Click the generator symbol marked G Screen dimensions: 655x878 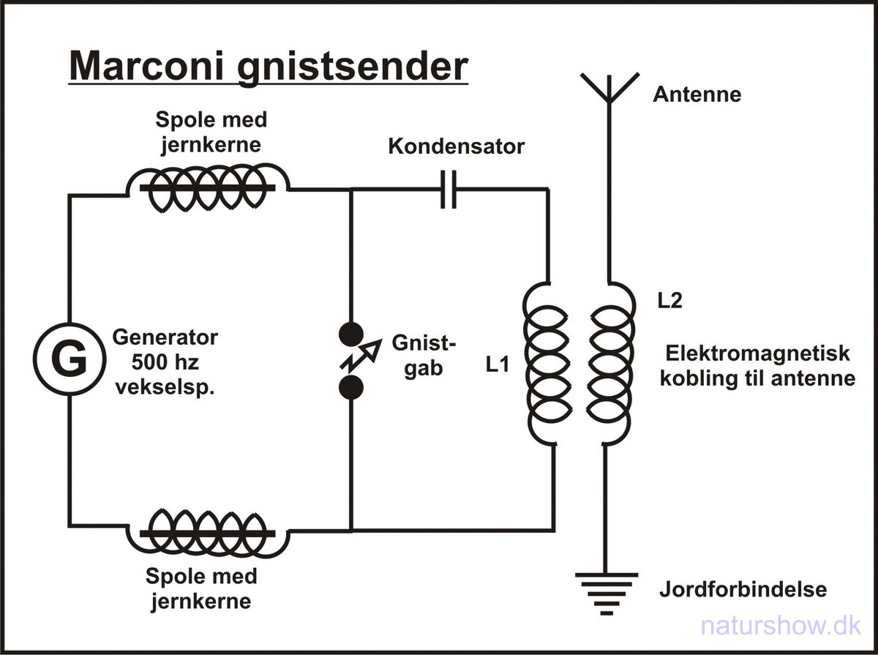coord(70,361)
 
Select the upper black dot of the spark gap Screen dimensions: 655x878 coord(351,334)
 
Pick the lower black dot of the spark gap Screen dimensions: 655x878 coord(351,388)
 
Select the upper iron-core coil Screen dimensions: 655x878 coord(208,187)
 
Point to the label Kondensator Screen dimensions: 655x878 coord(457,146)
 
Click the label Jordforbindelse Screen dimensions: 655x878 coord(743,589)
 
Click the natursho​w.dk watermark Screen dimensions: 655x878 coord(781,626)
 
